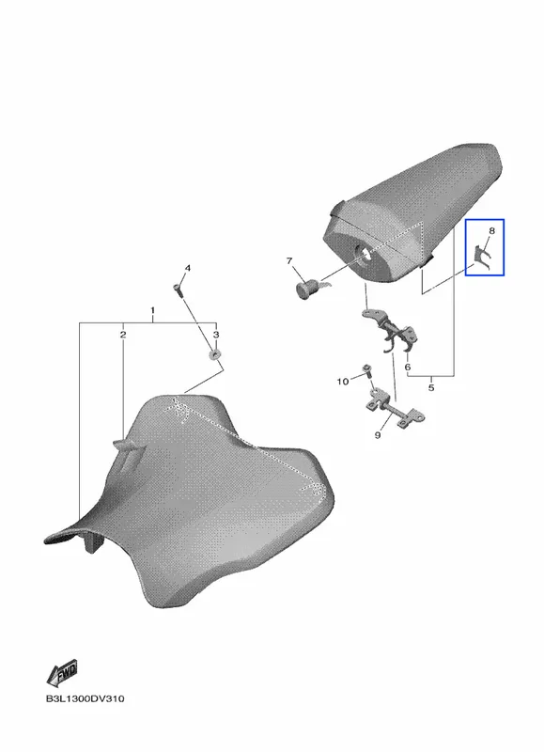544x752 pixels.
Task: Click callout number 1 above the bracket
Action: coord(152,310)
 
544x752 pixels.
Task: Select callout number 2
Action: coord(123,335)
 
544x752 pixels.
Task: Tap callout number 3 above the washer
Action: coord(216,335)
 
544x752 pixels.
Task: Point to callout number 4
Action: coord(187,268)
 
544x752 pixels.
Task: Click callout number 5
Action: coord(431,387)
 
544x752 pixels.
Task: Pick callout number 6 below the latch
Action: coord(408,367)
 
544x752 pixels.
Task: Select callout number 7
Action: coord(289,261)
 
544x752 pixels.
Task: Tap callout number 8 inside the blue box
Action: coord(491,230)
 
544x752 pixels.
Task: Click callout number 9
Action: coord(378,435)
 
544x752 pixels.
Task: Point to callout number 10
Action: coord(343,382)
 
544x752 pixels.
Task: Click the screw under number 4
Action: coord(178,290)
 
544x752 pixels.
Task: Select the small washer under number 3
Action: coord(215,355)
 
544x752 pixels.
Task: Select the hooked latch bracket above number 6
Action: coord(391,330)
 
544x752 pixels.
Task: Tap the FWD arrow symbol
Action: coord(62,672)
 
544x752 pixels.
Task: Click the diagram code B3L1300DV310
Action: coord(85,698)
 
